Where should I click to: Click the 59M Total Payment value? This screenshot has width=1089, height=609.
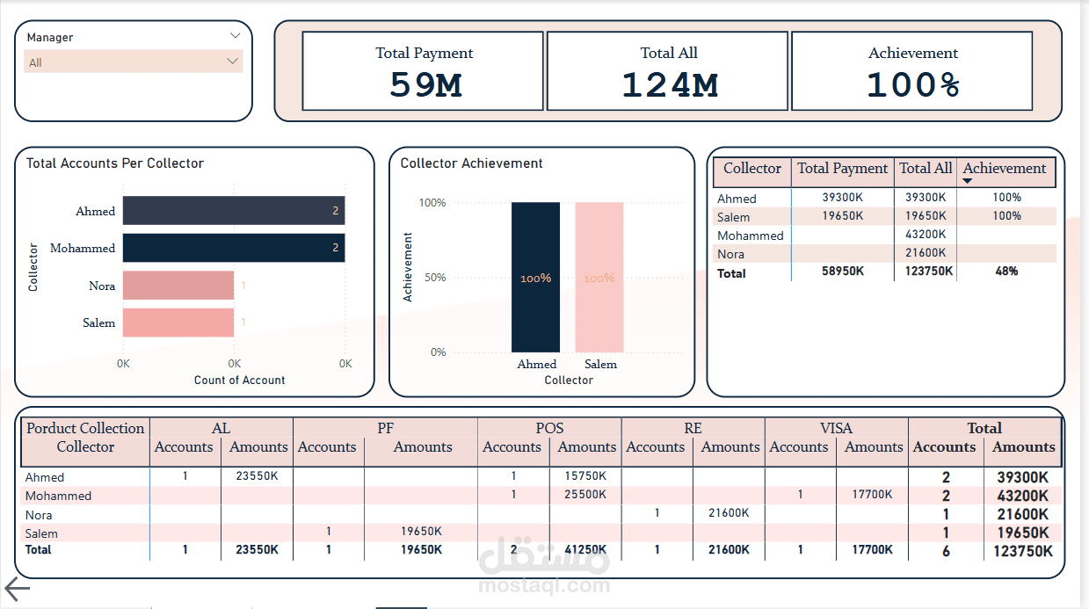[425, 85]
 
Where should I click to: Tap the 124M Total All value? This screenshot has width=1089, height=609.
[669, 85]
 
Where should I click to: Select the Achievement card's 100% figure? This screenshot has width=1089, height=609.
[913, 85]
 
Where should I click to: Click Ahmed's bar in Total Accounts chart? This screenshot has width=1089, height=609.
[233, 211]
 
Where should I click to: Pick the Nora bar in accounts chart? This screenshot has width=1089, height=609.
[178, 286]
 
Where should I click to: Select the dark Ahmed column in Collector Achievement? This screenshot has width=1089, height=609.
[535, 277]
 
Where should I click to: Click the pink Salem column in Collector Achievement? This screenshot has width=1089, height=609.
[599, 277]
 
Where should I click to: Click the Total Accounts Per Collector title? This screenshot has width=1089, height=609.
[115, 163]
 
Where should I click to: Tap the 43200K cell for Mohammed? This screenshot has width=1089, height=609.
[926, 235]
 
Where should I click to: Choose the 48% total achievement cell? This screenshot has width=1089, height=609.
[1006, 272]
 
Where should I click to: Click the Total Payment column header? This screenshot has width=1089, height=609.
[842, 169]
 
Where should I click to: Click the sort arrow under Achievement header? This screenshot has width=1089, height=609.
[968, 181]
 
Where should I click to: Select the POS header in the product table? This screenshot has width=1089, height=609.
[549, 428]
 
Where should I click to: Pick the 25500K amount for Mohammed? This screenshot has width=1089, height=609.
[584, 495]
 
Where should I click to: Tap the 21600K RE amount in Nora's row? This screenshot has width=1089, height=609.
[728, 513]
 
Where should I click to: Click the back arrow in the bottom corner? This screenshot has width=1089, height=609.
[18, 590]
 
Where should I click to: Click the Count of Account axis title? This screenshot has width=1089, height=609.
[239, 381]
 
